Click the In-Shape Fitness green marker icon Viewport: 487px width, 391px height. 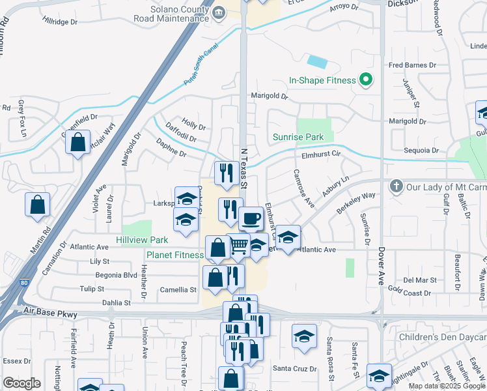click(x=365, y=81)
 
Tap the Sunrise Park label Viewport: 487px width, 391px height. click(x=298, y=138)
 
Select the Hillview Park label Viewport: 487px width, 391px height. click(x=142, y=240)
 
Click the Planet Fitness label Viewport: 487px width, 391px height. click(x=174, y=255)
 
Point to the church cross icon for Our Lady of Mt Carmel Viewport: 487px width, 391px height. click(x=395, y=186)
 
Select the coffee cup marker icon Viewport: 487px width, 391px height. click(x=251, y=218)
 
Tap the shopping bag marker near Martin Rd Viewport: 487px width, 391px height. click(x=37, y=205)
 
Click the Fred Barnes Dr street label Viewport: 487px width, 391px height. click(x=412, y=66)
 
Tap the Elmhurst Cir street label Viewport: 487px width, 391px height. click(x=322, y=155)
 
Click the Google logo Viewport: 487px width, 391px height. click(x=22, y=383)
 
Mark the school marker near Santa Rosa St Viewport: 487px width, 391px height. click(x=303, y=336)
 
